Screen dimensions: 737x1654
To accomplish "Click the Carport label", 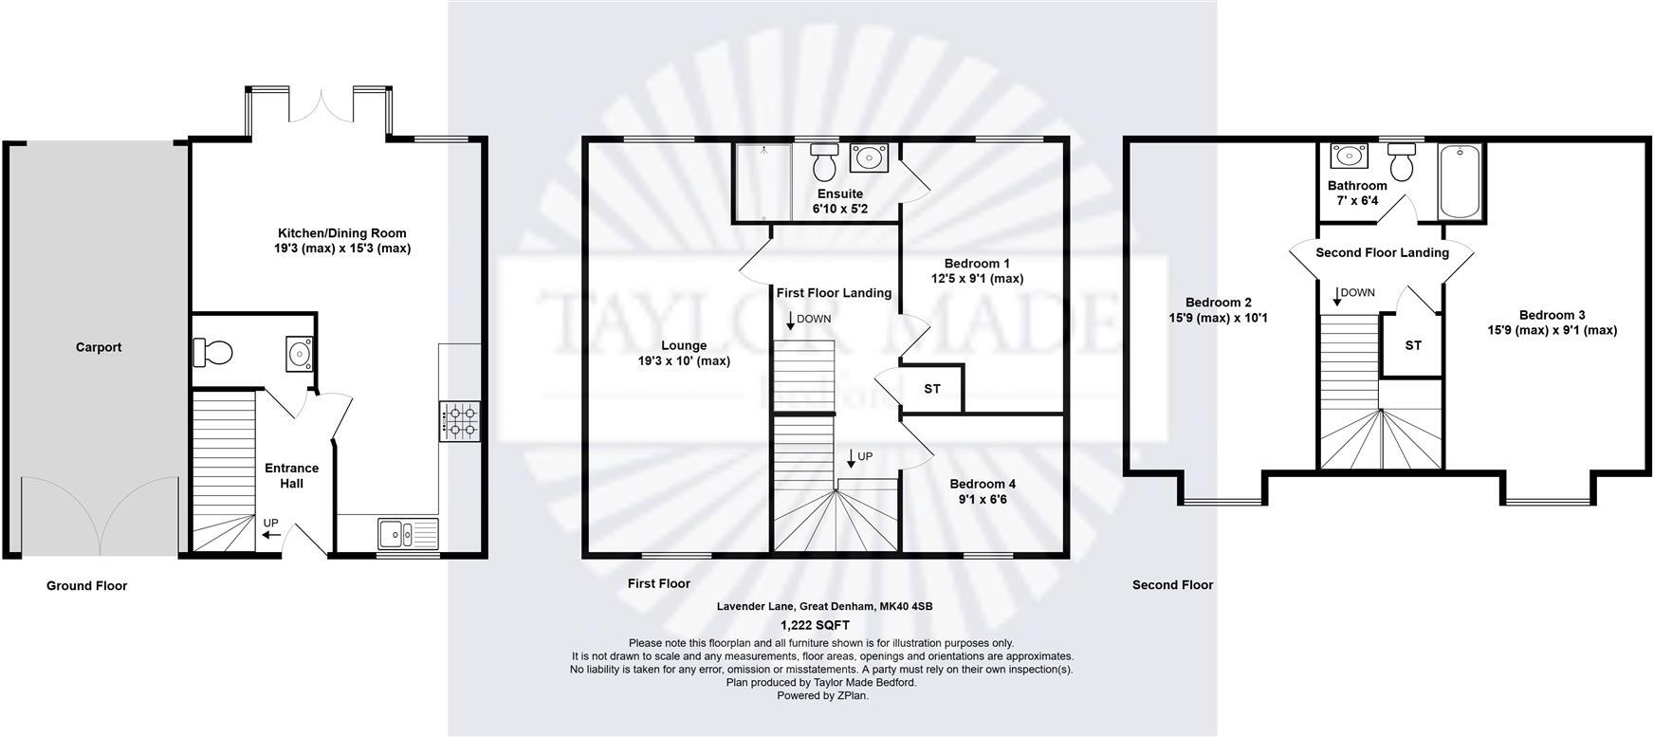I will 99,347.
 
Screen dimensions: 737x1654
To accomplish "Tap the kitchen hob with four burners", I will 460,420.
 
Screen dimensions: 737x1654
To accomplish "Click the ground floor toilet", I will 212,353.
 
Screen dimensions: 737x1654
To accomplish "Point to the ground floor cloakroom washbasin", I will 301,354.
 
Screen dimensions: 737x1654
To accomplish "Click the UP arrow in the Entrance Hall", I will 271,535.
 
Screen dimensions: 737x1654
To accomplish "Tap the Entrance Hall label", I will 291,475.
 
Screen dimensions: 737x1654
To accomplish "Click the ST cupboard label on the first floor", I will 932,389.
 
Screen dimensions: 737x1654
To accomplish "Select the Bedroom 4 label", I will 983,484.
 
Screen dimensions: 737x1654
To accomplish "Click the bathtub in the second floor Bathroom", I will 1461,181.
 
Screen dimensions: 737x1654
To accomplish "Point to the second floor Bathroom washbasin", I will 1345,156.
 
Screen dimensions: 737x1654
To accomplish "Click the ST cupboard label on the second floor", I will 1413,345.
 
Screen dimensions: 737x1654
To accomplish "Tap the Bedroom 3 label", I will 1552,315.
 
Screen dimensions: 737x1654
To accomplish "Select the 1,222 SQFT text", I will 815,625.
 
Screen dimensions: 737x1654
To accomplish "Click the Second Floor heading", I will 1172,585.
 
